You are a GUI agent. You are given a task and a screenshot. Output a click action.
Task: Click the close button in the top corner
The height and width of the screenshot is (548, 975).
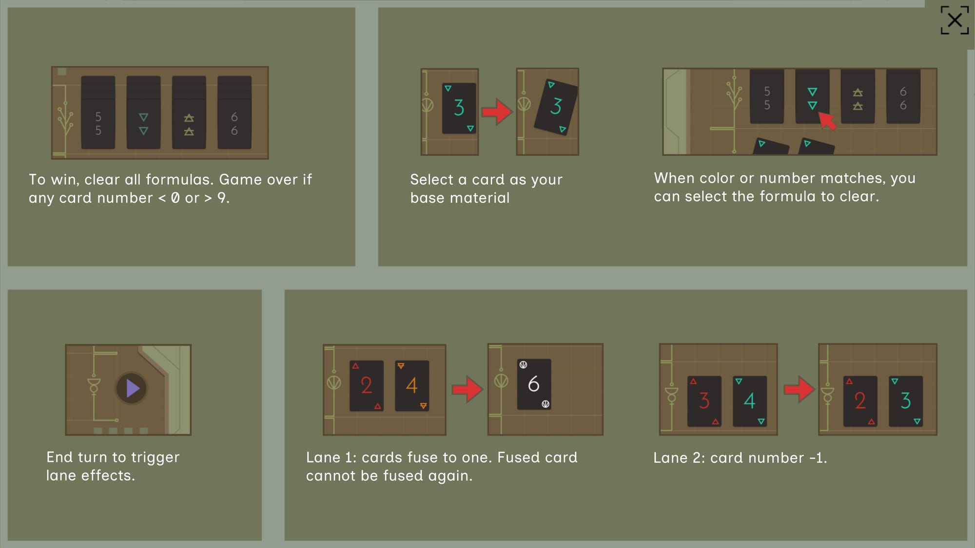(955, 20)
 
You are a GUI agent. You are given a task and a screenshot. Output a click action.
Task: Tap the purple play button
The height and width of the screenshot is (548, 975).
(132, 388)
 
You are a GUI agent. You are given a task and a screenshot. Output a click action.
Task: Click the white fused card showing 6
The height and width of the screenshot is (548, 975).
(534, 384)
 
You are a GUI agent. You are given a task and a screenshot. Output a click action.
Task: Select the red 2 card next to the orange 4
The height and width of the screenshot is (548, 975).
(367, 386)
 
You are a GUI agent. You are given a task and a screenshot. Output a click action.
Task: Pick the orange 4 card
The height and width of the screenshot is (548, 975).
(412, 386)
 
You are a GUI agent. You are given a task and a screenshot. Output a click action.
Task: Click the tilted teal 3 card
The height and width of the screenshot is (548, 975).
(556, 107)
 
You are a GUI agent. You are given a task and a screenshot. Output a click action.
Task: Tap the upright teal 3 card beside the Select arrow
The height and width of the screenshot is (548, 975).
(459, 108)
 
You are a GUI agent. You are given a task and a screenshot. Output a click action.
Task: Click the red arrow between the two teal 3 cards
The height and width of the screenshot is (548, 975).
(497, 112)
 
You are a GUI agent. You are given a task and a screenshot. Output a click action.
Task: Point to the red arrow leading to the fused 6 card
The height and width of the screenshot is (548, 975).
(467, 389)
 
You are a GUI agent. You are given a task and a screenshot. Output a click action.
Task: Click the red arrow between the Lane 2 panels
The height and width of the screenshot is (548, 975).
(799, 389)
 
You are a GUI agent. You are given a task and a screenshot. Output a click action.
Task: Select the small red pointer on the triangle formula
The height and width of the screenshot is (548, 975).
(827, 120)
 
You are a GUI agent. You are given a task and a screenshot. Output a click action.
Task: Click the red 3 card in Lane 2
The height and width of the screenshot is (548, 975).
(704, 401)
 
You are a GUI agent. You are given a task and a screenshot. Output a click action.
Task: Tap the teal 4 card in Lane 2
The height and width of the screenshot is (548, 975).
(750, 401)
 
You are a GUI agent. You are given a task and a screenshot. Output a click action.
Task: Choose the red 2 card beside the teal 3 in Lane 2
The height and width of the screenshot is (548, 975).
(860, 401)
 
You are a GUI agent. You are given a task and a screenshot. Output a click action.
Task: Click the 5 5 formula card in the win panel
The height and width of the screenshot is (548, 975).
(98, 112)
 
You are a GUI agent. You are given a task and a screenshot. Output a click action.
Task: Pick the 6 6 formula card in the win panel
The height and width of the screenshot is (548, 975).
(234, 112)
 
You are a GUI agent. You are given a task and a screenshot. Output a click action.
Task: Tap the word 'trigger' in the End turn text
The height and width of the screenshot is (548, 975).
(155, 458)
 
